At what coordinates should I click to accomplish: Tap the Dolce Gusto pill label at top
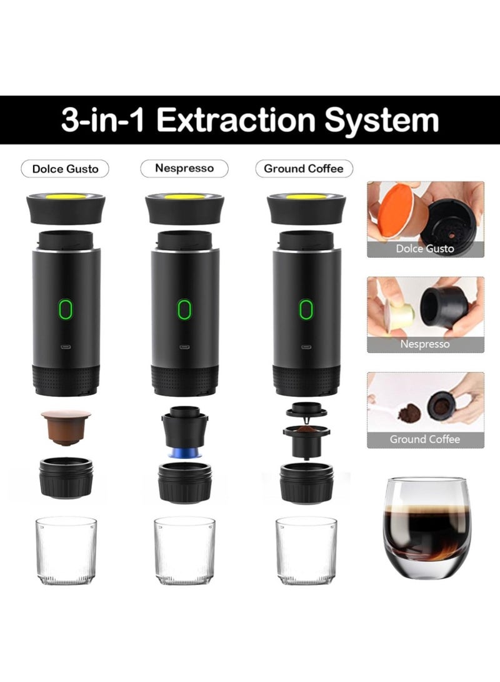click(65, 169)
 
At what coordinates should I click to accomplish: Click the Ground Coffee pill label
click(304, 169)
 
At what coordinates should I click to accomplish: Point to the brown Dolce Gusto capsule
click(66, 426)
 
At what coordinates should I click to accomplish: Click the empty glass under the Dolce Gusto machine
click(66, 549)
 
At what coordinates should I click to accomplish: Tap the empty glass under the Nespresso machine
click(184, 549)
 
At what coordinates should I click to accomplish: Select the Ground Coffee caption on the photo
click(425, 439)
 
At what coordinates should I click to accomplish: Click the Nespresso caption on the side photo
click(425, 344)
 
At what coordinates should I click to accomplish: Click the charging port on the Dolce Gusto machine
click(66, 345)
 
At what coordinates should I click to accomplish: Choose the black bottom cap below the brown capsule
click(66, 478)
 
